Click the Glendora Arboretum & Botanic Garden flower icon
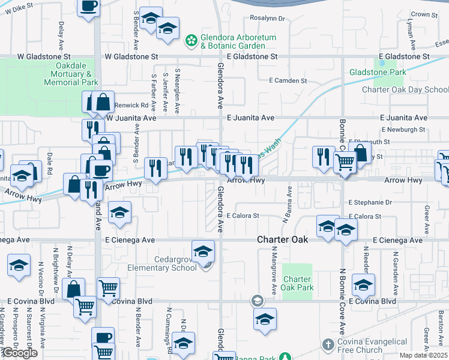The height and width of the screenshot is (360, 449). [191, 41]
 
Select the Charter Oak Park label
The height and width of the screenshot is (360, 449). [297, 283]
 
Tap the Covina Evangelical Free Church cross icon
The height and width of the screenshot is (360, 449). [328, 345]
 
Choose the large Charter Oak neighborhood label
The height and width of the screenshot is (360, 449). [283, 239]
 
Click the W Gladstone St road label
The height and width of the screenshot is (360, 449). [131, 56]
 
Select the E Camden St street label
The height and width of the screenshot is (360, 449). [288, 80]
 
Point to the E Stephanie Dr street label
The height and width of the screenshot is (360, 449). [370, 203]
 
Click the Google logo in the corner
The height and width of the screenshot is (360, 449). [19, 353]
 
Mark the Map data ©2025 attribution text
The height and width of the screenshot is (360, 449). [423, 355]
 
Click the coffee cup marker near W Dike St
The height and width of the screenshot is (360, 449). [89, 7]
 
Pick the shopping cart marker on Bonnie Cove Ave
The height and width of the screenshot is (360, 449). [344, 161]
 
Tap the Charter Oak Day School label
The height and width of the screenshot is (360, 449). [405, 90]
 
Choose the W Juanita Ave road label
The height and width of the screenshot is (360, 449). [131, 118]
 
